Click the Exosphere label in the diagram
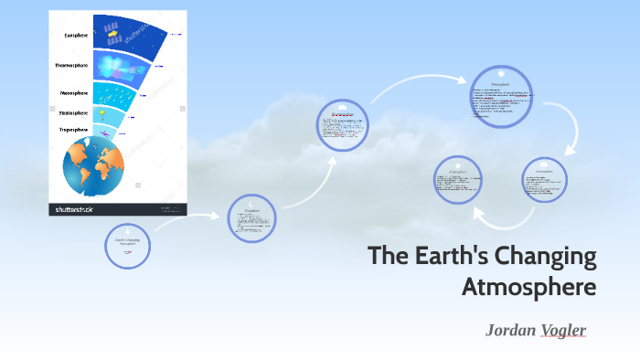(75, 36)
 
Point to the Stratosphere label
(75, 113)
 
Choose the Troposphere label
(75, 130)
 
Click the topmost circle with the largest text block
(500, 98)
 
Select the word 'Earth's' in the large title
(448, 257)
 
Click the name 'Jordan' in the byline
(509, 329)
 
